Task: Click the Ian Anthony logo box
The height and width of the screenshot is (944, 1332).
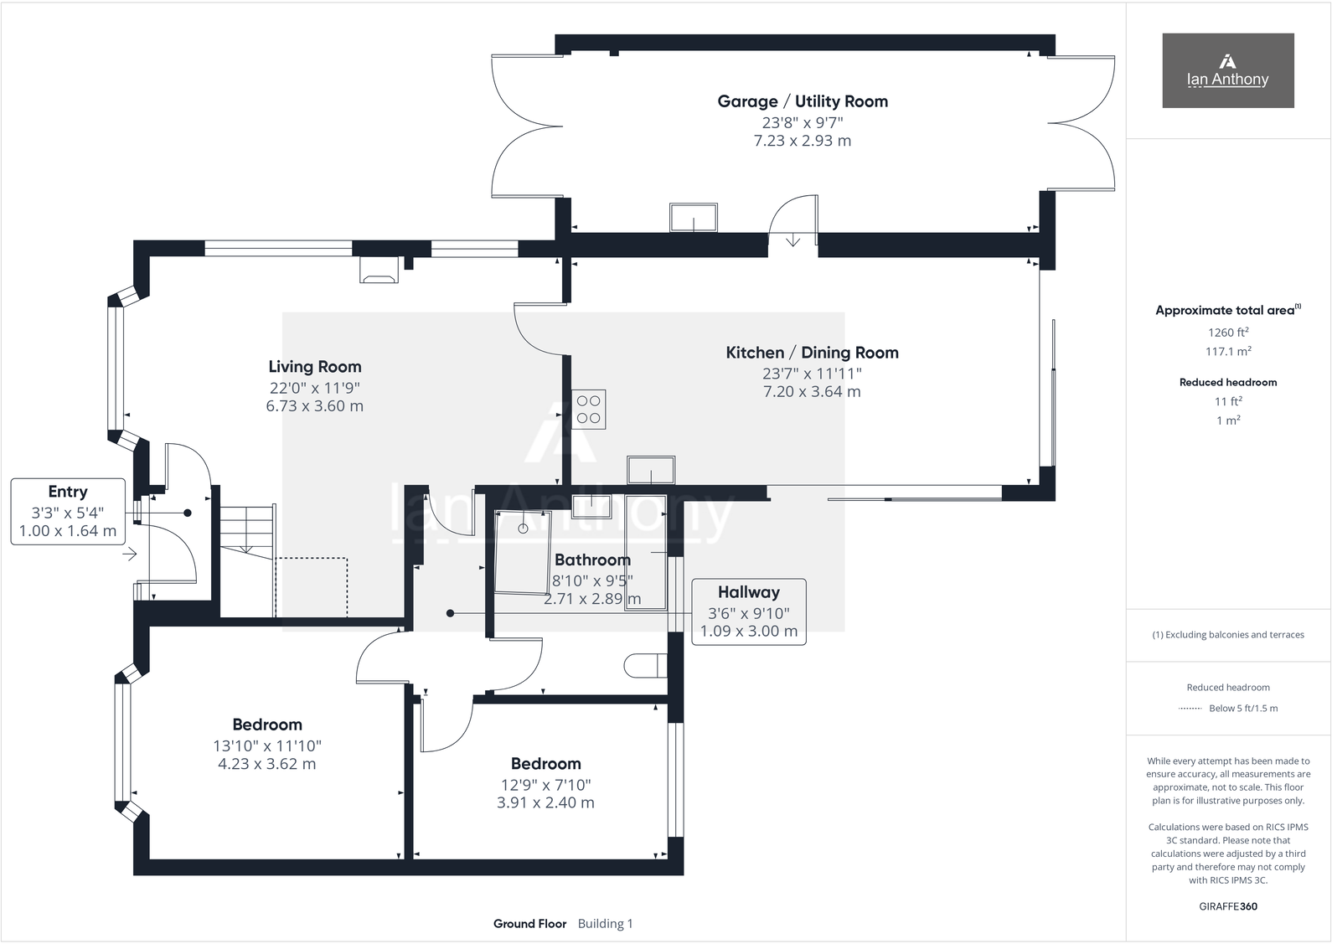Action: pyautogui.click(x=1227, y=70)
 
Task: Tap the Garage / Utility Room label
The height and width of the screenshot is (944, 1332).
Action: pyautogui.click(x=802, y=101)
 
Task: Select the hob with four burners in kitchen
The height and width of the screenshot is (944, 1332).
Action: pyautogui.click(x=588, y=410)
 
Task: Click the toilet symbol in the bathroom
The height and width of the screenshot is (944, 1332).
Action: pyautogui.click(x=645, y=666)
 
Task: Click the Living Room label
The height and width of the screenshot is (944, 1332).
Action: pyautogui.click(x=314, y=367)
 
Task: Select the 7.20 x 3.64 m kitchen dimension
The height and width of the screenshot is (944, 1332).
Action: pyautogui.click(x=811, y=392)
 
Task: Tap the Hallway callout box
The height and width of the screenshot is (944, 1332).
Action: pyautogui.click(x=748, y=611)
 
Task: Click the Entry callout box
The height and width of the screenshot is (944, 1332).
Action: pyautogui.click(x=68, y=511)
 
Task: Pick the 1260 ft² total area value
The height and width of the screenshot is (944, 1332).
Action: pyautogui.click(x=1227, y=333)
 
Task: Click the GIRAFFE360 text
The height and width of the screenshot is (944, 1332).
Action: pyautogui.click(x=1227, y=906)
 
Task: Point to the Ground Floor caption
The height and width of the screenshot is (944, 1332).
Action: pyautogui.click(x=529, y=924)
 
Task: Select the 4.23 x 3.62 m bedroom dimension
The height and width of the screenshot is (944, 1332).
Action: pyautogui.click(x=266, y=764)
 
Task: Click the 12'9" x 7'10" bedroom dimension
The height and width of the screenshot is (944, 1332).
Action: pyautogui.click(x=545, y=785)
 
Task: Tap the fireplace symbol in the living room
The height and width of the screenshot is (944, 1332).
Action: pyautogui.click(x=379, y=271)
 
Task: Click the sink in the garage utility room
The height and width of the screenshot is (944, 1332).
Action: pyautogui.click(x=693, y=218)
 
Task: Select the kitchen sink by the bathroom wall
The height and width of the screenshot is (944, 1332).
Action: pyautogui.click(x=651, y=470)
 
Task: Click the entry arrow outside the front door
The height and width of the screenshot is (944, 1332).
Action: pyautogui.click(x=130, y=554)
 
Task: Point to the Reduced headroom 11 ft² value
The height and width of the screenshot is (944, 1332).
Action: pyautogui.click(x=1227, y=401)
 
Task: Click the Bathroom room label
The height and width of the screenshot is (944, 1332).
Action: pyautogui.click(x=592, y=560)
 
